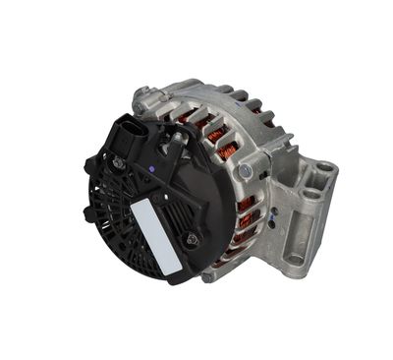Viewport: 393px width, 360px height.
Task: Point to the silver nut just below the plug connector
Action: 118,163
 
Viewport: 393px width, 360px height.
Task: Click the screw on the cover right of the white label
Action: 193,237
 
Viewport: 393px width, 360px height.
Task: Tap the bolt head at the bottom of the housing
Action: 208,274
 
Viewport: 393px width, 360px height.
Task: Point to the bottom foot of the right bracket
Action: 294,261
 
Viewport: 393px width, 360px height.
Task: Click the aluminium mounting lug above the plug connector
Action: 145,96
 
